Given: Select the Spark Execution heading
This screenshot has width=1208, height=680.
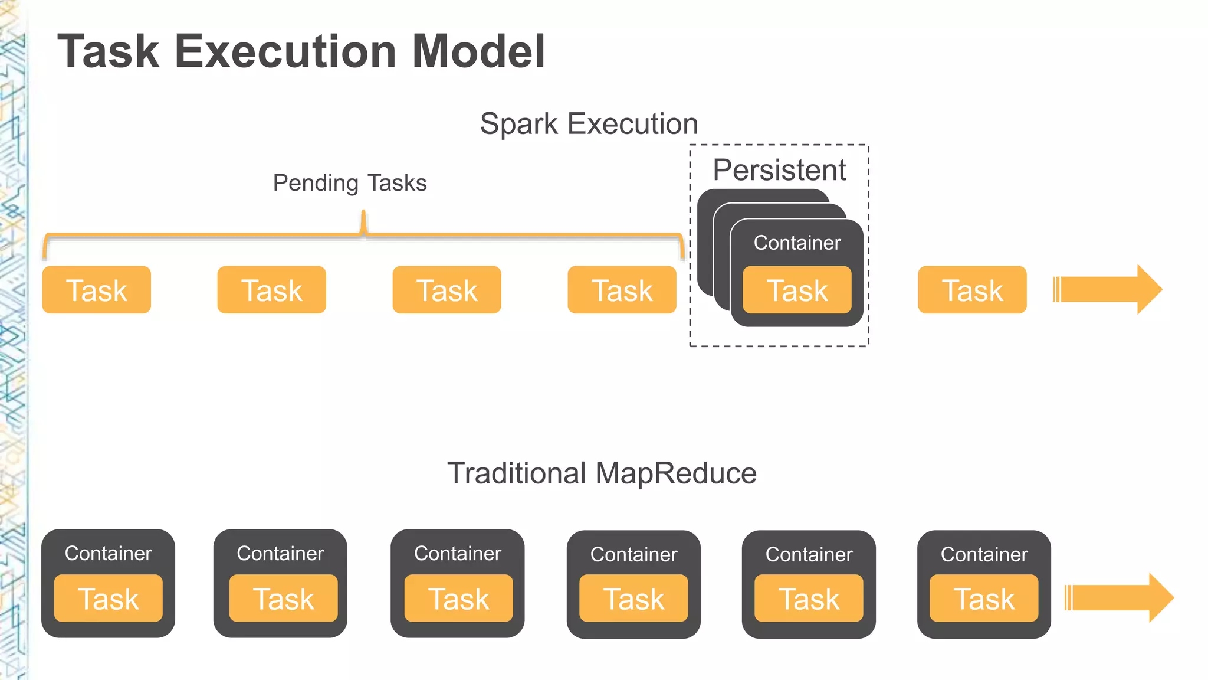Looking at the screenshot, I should pyautogui.click(x=589, y=124).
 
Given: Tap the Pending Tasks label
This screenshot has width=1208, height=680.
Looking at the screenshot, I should pyautogui.click(x=349, y=183).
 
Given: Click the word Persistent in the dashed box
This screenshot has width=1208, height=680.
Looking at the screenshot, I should pyautogui.click(x=779, y=170).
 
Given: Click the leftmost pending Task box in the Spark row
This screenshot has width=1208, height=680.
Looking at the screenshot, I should pyautogui.click(x=96, y=290).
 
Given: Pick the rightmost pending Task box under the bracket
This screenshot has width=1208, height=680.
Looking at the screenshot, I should pyautogui.click(x=622, y=290).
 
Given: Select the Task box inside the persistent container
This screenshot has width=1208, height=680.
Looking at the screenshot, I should pyautogui.click(x=796, y=290).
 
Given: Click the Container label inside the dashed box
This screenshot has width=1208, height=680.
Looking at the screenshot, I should pyautogui.click(x=796, y=243).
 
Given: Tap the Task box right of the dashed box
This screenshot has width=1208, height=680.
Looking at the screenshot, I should pyautogui.click(x=971, y=290).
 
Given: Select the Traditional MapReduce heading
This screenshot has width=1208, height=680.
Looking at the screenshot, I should pyautogui.click(x=602, y=473).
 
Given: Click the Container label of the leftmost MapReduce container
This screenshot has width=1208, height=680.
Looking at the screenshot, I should pyautogui.click(x=108, y=553).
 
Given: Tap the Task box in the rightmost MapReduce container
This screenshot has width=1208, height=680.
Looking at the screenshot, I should pyautogui.click(x=983, y=599).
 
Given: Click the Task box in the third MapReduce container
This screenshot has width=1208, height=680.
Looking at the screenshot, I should pyautogui.click(x=458, y=599).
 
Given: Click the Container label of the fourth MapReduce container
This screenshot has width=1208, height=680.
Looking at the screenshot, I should pyautogui.click(x=633, y=554).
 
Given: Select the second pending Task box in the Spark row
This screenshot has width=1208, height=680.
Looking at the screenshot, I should pyautogui.click(x=271, y=290).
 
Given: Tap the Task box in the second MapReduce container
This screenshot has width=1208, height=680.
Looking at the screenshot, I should pyautogui.click(x=283, y=599).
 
